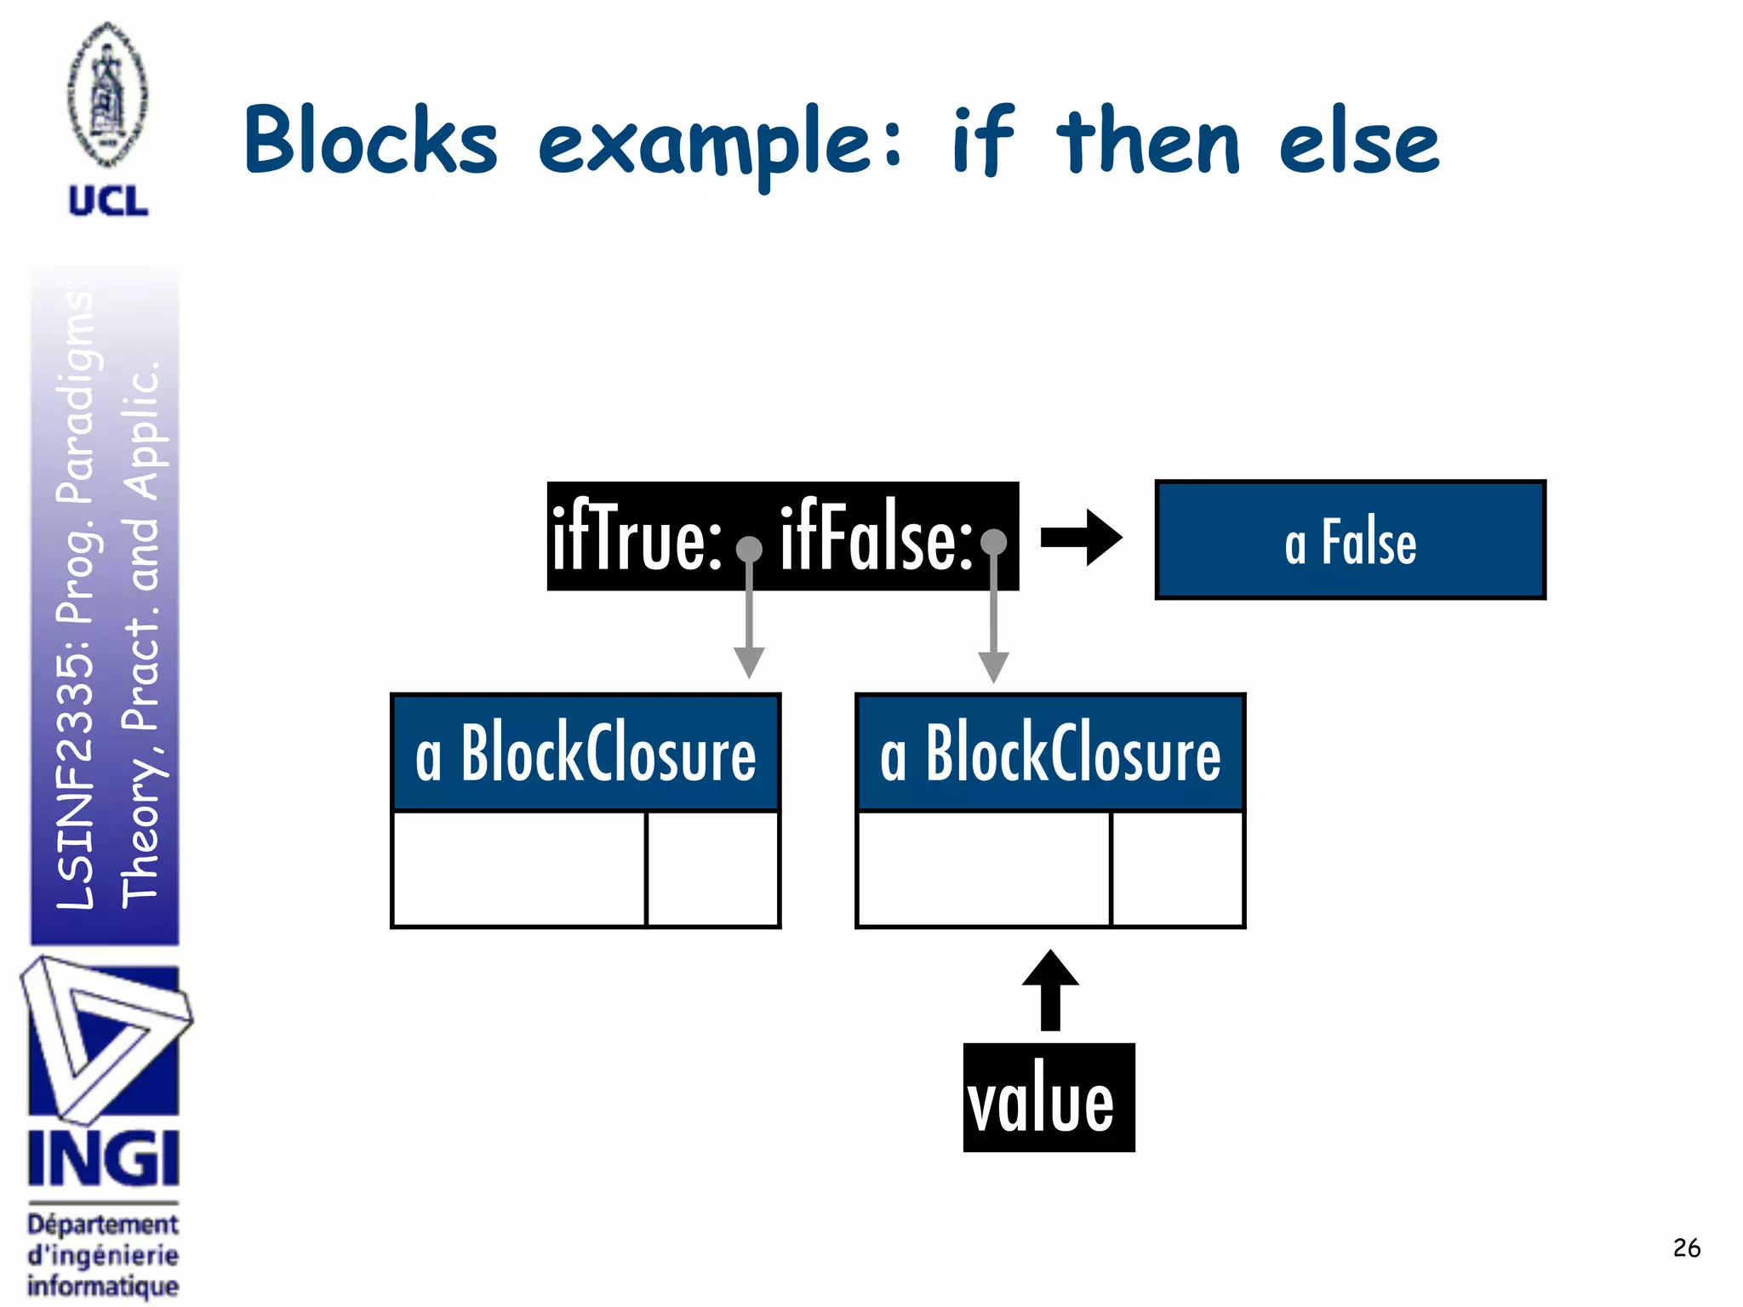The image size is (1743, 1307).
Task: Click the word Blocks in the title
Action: [371, 140]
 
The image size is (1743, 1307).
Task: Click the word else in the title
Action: [1358, 143]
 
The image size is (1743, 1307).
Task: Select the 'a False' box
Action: [1350, 540]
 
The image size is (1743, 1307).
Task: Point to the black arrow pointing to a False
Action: [1081, 538]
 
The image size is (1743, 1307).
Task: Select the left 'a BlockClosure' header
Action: [586, 753]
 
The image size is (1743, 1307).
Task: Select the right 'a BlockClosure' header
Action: [1050, 753]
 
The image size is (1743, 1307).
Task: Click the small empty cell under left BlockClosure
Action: [713, 868]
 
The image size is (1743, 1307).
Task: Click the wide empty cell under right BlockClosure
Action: [984, 868]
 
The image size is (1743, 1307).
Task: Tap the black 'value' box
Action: [1049, 1098]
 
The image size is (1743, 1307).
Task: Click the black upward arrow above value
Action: [1050, 991]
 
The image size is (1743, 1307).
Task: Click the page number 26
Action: [1686, 1248]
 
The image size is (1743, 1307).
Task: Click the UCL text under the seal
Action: [108, 202]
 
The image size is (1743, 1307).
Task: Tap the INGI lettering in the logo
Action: [104, 1159]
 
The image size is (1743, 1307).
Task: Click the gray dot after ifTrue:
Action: [749, 550]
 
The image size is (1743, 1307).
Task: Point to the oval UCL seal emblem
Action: [108, 94]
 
